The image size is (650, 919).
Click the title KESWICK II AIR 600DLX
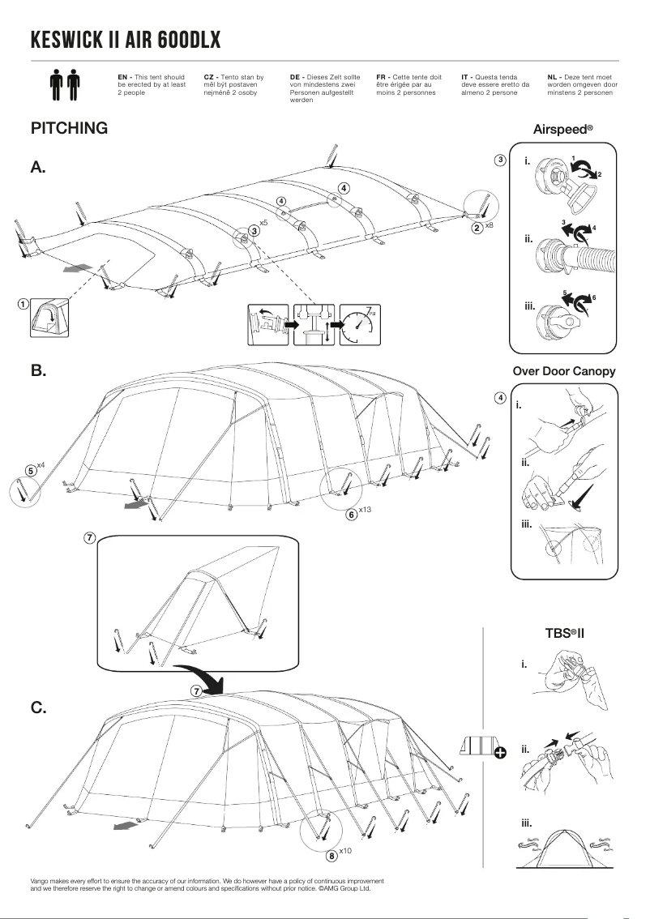pos(125,40)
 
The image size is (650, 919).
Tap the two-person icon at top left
pos(65,84)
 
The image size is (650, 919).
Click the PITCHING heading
pos(69,128)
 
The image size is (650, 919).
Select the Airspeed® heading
pos(563,129)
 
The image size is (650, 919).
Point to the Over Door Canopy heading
pos(564,371)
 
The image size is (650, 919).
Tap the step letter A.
pos(38,168)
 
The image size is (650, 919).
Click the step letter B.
pos(38,370)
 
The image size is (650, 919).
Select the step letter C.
pos(38,707)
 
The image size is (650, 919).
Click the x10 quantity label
pos(345,851)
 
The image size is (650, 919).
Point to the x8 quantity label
pos(489,225)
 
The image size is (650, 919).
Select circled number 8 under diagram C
pos(331,855)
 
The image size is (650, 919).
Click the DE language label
pos(294,76)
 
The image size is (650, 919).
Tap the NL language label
pos(552,76)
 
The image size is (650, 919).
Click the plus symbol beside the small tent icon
pos(500,752)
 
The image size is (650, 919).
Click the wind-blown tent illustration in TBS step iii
pos(564,851)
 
